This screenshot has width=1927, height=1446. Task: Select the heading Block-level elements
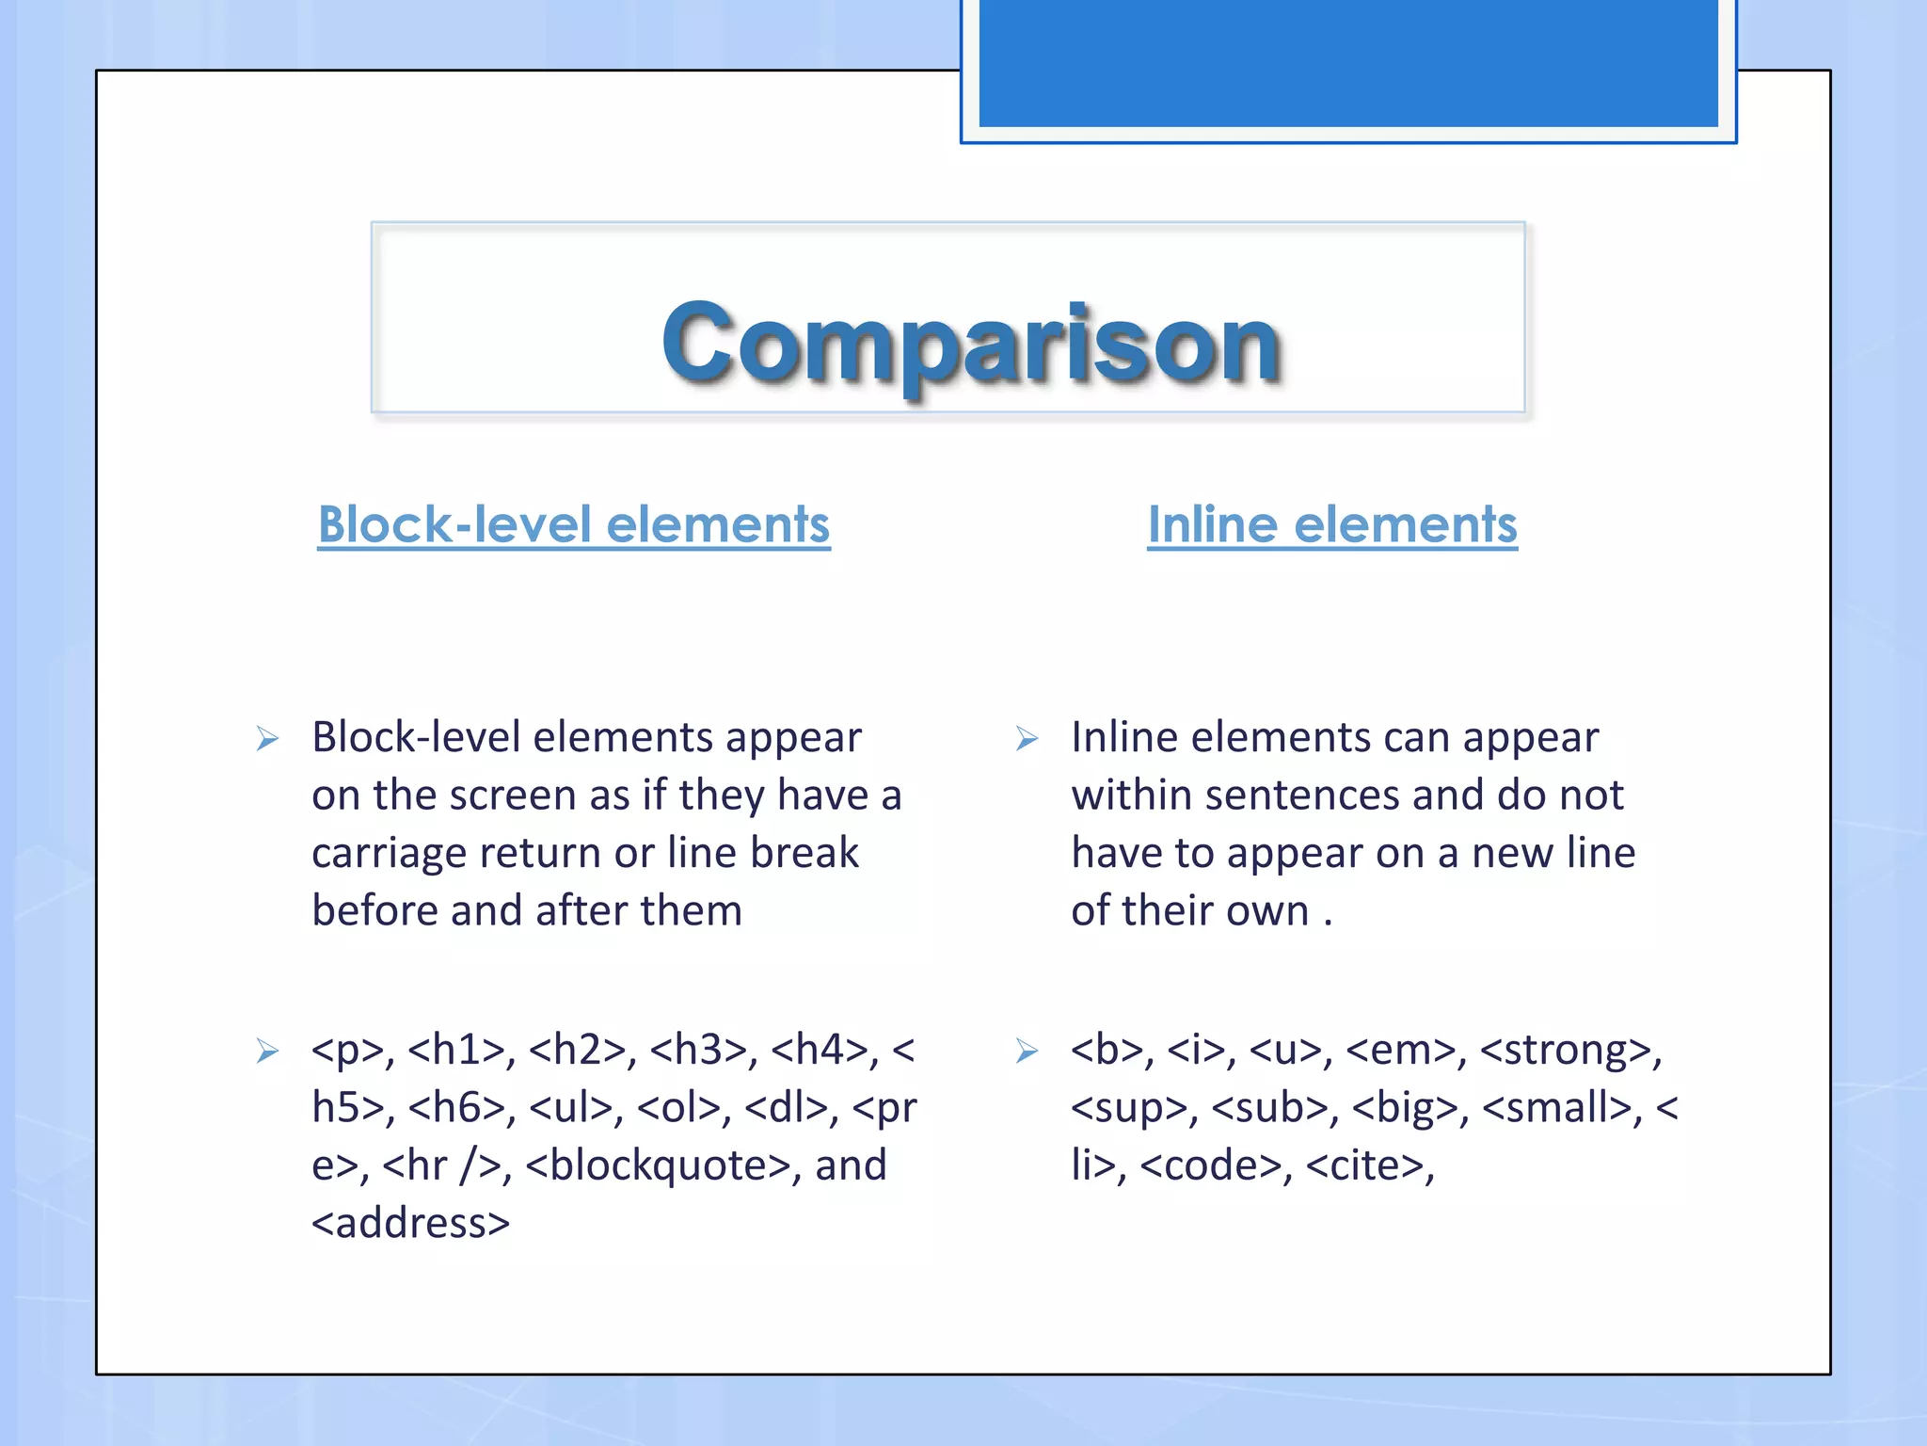coord(574,524)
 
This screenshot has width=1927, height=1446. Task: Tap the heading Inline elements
coord(1331,524)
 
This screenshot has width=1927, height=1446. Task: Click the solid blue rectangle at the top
coord(1347,62)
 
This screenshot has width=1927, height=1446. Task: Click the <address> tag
coord(410,1224)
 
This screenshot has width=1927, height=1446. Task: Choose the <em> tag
coord(1399,1050)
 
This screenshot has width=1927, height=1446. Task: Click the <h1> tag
coord(456,1050)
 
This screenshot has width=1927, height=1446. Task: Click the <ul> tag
coord(569,1108)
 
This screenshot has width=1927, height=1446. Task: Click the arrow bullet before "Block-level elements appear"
coord(267,739)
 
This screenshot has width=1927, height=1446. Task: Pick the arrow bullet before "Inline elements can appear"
coord(1027,739)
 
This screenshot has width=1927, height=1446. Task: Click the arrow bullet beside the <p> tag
coord(267,1051)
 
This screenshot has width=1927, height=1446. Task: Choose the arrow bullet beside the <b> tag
coord(1027,1051)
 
